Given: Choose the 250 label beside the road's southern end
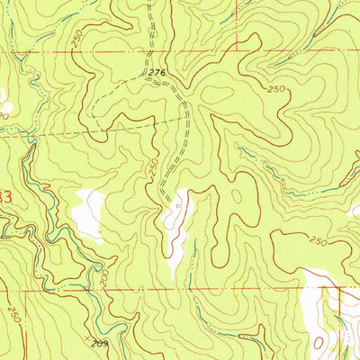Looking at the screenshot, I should (x=155, y=167).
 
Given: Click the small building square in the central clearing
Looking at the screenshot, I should (x=177, y=205).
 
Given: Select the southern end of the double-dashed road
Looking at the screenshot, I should (x=162, y=200).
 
